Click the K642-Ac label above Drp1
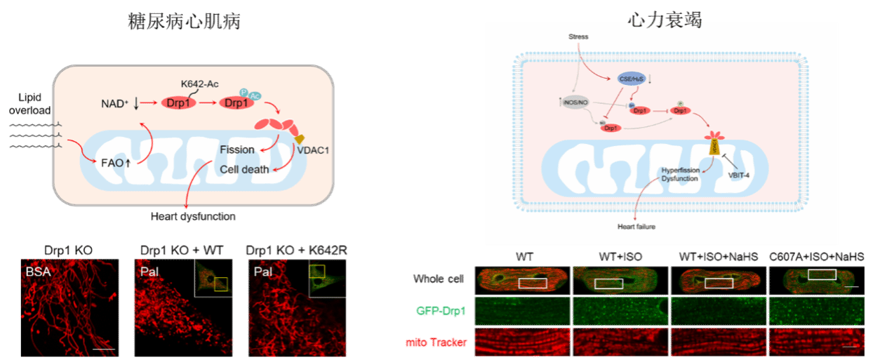pyautogui.click(x=201, y=84)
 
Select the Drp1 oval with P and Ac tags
pyautogui.click(x=236, y=103)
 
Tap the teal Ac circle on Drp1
pyautogui.click(x=255, y=96)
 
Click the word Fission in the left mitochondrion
pyautogui.click(x=236, y=150)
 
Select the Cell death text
pyautogui.click(x=243, y=169)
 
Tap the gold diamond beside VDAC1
pyautogui.click(x=299, y=138)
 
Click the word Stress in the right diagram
pyautogui.click(x=578, y=36)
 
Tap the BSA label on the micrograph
pyautogui.click(x=37, y=271)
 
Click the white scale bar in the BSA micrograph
pyautogui.click(x=103, y=348)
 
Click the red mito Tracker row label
pyautogui.click(x=436, y=342)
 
